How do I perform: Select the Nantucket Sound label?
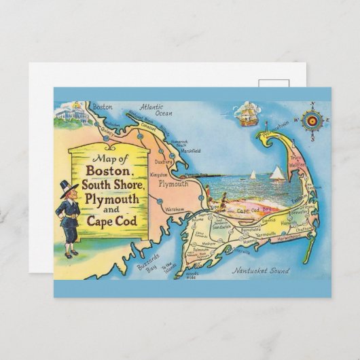tap(261, 271)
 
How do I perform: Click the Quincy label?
tap(108, 133)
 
